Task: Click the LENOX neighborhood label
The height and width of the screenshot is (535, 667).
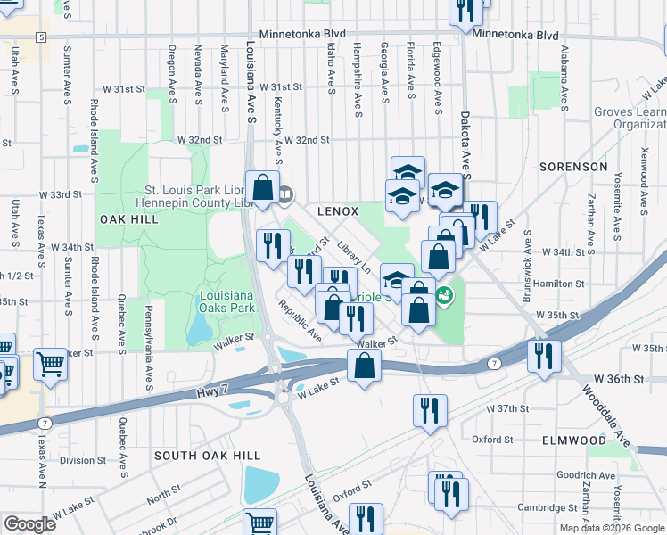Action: tap(338, 211)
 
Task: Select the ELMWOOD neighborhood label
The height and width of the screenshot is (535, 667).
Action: tap(573, 440)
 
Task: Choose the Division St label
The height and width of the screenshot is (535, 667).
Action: tap(83, 460)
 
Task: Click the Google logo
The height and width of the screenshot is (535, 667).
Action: tap(29, 524)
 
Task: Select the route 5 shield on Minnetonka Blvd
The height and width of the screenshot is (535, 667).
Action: tap(41, 37)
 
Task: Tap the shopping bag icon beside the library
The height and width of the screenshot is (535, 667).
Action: tap(262, 188)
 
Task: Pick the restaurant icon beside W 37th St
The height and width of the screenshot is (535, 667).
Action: tap(430, 411)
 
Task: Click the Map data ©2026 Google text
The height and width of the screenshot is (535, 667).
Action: tap(611, 528)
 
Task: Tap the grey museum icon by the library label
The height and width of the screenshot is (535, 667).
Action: tap(285, 193)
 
